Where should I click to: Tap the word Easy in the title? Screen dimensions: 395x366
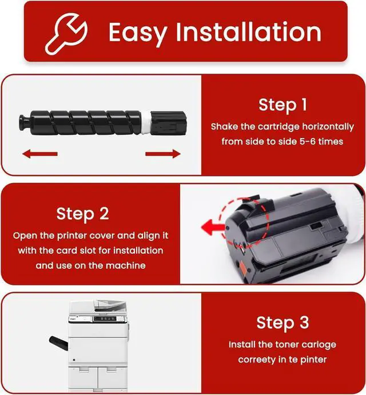pos(140,32)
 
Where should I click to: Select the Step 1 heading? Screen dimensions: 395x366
pos(283,105)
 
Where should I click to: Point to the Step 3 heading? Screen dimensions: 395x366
pos(283,323)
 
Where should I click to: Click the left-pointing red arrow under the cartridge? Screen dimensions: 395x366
pos(41,153)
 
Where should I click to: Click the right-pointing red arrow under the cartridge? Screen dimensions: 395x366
pos(164,153)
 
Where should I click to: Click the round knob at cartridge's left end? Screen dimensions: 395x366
pos(24,122)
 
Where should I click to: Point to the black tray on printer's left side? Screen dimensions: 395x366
pos(58,342)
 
